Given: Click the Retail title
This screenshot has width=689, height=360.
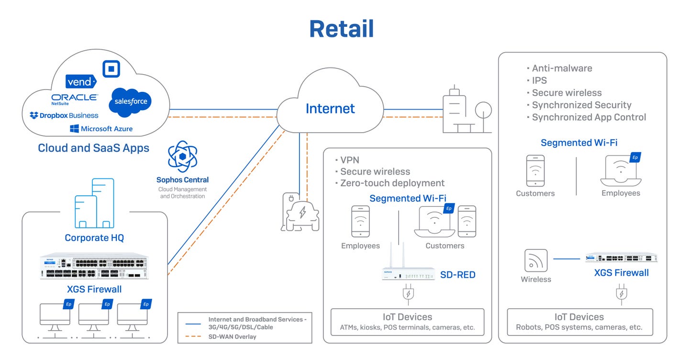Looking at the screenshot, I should pos(341,29).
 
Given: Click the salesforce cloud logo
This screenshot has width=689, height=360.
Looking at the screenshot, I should pos(130,101).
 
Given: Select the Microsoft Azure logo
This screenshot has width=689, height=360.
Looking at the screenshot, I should pos(101,129).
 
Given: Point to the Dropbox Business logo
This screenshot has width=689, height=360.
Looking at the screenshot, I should pos(64,115).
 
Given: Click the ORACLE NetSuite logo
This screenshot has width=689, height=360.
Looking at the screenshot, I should pos(75,99).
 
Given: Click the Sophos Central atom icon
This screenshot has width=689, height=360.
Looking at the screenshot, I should pos(182,157).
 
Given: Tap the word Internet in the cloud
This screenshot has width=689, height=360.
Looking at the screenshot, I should pos(330,109).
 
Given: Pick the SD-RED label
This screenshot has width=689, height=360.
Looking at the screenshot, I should pos(457,275).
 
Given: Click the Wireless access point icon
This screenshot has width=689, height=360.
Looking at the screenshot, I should pos(535,260).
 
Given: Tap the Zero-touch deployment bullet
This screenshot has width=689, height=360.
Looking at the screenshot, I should pos(392,183).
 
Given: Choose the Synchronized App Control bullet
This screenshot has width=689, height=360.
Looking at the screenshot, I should pos(589,117).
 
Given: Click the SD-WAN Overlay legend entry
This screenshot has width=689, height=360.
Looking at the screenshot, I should pos(232,337).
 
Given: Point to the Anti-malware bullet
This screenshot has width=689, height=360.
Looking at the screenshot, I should pos(562,68).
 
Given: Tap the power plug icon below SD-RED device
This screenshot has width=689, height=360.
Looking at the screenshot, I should pos(408,294).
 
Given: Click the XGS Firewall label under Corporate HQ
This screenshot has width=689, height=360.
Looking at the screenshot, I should pos(94,289).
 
